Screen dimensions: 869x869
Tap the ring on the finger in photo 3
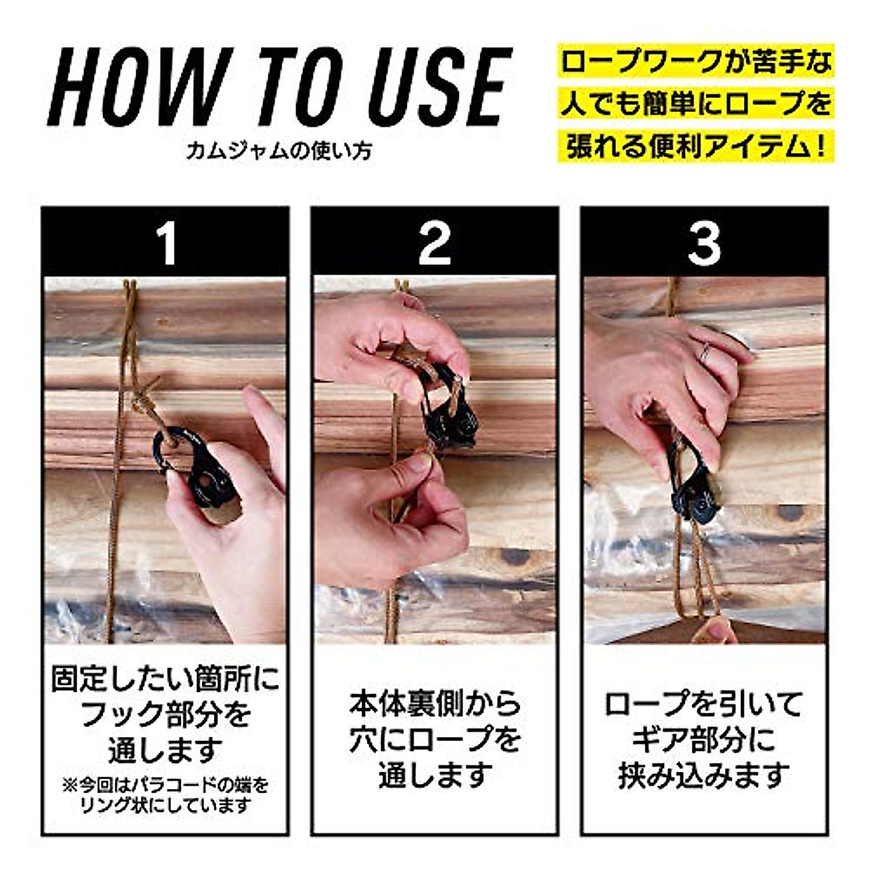pos(704,353)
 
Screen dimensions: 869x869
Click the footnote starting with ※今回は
pos(166,794)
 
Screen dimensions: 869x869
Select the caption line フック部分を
pos(166,715)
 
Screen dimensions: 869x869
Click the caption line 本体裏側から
pos(434,703)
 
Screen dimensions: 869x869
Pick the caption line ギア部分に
pos(704,739)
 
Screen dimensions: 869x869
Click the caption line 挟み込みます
pos(704,776)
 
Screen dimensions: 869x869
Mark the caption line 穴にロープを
pos(434,739)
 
